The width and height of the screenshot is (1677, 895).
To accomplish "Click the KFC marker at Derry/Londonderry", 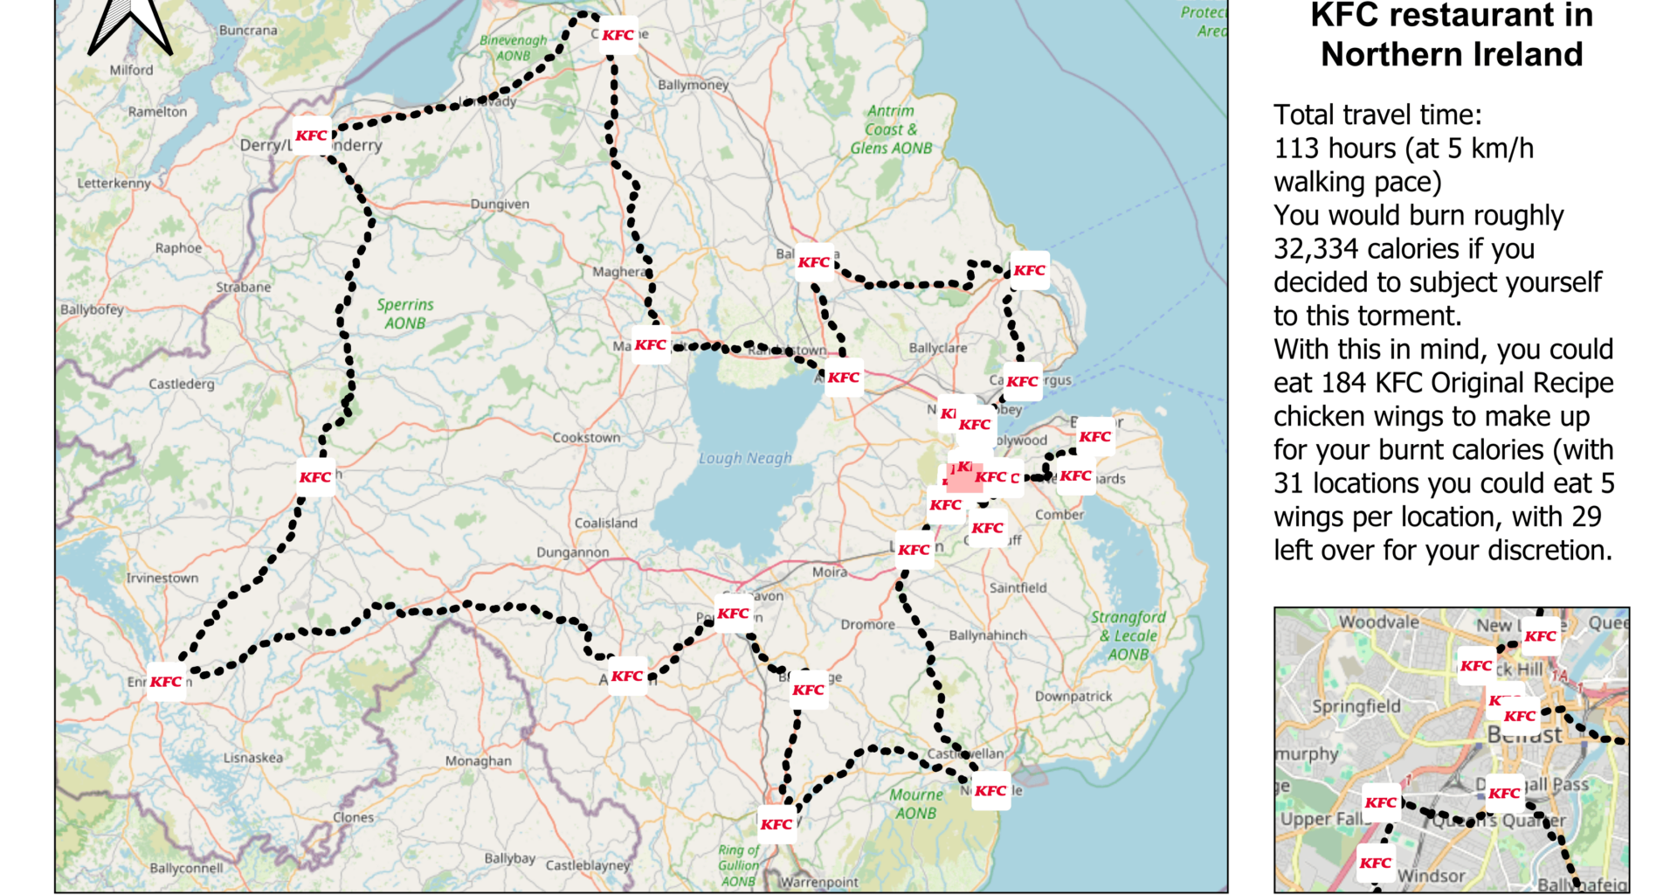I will (x=311, y=135).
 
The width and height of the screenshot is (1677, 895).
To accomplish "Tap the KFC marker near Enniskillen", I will (x=166, y=682).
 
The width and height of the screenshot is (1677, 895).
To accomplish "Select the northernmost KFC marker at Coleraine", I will (x=618, y=35).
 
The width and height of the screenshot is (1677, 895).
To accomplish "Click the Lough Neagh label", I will (x=745, y=458).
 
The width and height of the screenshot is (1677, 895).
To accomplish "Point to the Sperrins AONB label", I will (x=404, y=314).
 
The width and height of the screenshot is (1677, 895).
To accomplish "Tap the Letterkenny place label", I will (x=114, y=184).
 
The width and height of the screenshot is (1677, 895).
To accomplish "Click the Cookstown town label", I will (x=586, y=437).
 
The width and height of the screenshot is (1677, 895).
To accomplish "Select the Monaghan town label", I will (x=478, y=760).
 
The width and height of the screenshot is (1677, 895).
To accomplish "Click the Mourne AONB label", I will (x=915, y=803).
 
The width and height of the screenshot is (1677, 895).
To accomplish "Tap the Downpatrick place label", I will (x=1073, y=697).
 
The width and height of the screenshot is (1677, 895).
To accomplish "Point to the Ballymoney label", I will (x=693, y=85).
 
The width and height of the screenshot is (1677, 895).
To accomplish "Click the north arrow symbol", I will (x=130, y=24).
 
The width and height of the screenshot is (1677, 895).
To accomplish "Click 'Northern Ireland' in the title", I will (x=1451, y=54).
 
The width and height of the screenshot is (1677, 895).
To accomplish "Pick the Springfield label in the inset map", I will (x=1356, y=706).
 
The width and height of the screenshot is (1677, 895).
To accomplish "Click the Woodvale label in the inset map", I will (x=1378, y=621).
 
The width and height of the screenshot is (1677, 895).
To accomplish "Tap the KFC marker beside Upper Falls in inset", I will (x=1380, y=802).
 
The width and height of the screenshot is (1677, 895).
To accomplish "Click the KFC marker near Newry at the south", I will (x=776, y=824).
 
